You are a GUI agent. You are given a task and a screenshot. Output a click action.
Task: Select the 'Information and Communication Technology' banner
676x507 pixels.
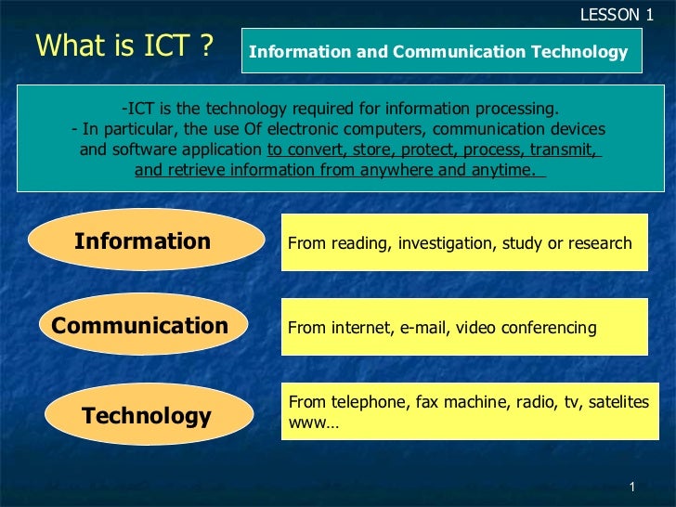[439, 52]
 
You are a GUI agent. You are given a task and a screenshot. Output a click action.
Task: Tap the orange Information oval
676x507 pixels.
[143, 241]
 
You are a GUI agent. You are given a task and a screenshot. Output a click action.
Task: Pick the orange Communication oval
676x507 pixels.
[140, 325]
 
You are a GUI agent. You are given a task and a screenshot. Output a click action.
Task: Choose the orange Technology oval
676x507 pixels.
[147, 415]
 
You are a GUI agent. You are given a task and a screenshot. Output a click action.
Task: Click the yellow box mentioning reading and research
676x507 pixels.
[462, 243]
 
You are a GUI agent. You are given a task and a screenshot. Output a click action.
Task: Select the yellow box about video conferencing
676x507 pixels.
[462, 327]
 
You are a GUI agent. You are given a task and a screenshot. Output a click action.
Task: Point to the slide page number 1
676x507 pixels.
[631, 488]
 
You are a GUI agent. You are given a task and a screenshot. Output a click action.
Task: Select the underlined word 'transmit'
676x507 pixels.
[570, 149]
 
